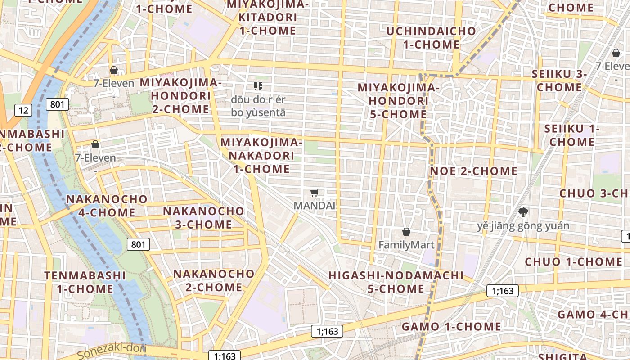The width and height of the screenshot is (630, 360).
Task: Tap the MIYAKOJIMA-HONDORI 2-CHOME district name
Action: (x=180, y=96)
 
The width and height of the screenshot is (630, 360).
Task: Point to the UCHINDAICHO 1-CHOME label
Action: (x=431, y=38)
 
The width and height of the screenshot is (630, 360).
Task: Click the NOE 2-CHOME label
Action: (x=473, y=171)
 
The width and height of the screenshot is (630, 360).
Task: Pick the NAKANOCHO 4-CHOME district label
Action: (x=107, y=206)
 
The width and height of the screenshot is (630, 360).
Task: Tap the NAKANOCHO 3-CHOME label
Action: (x=203, y=217)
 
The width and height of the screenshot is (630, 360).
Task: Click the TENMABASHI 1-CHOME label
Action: (x=85, y=282)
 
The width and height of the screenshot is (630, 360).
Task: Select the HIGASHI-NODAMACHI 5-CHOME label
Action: (x=396, y=282)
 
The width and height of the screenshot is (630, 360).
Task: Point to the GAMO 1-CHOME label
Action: (x=451, y=327)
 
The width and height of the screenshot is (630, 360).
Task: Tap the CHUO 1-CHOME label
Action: (x=567, y=261)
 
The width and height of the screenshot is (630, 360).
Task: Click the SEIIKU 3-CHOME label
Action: (x=559, y=81)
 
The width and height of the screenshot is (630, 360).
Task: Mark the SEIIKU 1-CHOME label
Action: (x=571, y=135)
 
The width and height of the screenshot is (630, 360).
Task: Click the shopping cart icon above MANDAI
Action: (x=315, y=193)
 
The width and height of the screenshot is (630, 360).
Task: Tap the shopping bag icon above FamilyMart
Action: (x=406, y=232)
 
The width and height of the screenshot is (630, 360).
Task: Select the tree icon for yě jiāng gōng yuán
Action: (x=523, y=212)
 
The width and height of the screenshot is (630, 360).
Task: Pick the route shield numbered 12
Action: (x=23, y=110)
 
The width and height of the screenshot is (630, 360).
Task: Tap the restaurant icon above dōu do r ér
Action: (x=258, y=86)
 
